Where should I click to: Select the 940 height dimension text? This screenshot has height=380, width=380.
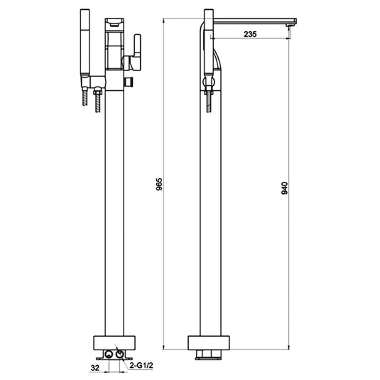tap(286, 187)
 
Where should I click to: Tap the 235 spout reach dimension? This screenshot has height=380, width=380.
tap(250, 33)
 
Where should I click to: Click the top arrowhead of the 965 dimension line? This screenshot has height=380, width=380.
tap(165, 21)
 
